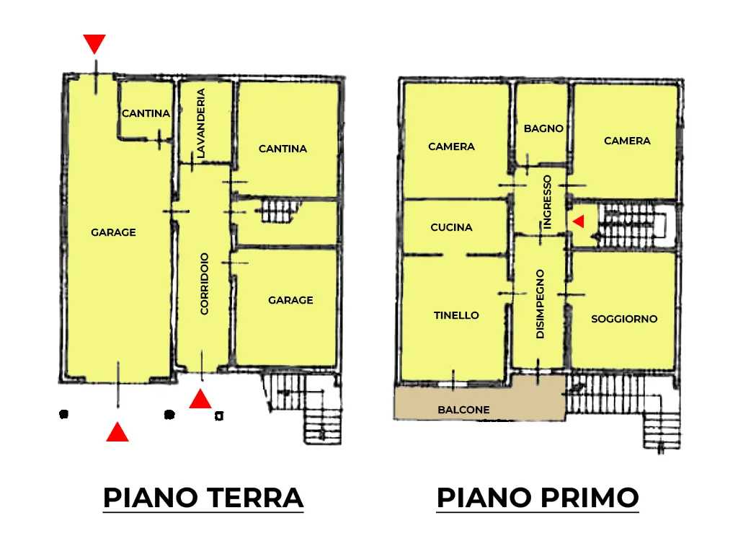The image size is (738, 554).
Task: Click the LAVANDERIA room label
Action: (x=201, y=123)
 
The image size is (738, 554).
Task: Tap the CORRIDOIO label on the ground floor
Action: (x=204, y=283)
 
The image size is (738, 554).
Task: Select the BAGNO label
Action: (x=543, y=128)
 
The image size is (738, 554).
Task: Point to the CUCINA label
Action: (x=451, y=227)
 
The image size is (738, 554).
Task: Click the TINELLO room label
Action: (x=456, y=315)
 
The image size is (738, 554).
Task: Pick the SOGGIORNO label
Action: (x=624, y=319)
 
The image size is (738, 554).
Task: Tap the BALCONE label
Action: (x=463, y=410)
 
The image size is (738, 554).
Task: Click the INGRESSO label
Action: (x=547, y=202)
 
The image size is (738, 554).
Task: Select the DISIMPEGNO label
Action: (x=541, y=304)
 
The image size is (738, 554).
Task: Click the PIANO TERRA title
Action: (x=203, y=498)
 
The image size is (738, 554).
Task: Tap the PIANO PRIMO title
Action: (x=538, y=498)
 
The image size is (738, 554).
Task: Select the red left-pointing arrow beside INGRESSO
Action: (x=579, y=221)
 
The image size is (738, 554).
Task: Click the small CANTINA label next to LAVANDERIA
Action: (x=146, y=113)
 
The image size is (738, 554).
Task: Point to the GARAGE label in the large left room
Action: (x=113, y=232)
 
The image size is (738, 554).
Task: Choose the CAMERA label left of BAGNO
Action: (x=451, y=146)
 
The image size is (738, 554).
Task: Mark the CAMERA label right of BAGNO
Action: (x=628, y=141)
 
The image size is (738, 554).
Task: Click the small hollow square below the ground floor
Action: (x=219, y=415)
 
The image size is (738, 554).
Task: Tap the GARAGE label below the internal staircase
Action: (x=290, y=300)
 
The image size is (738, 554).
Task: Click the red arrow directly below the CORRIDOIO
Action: (x=200, y=398)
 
